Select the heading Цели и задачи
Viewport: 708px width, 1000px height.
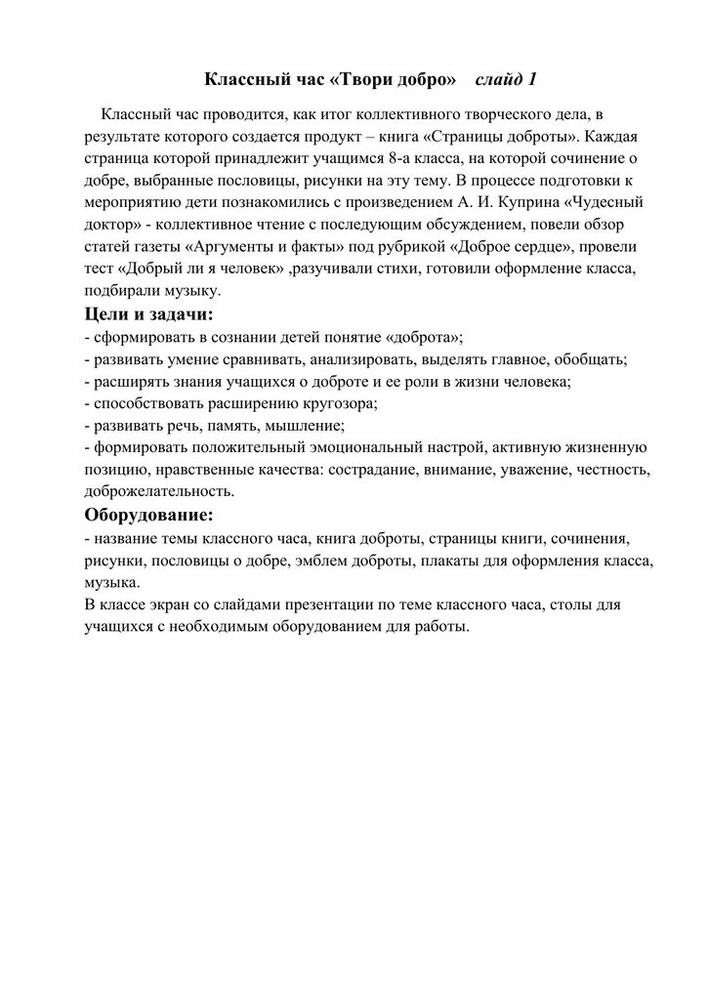pyautogui.click(x=148, y=314)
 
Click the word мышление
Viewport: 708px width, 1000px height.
pyautogui.click(x=304, y=427)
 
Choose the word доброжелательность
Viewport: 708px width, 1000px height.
pyautogui.click(x=159, y=492)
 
